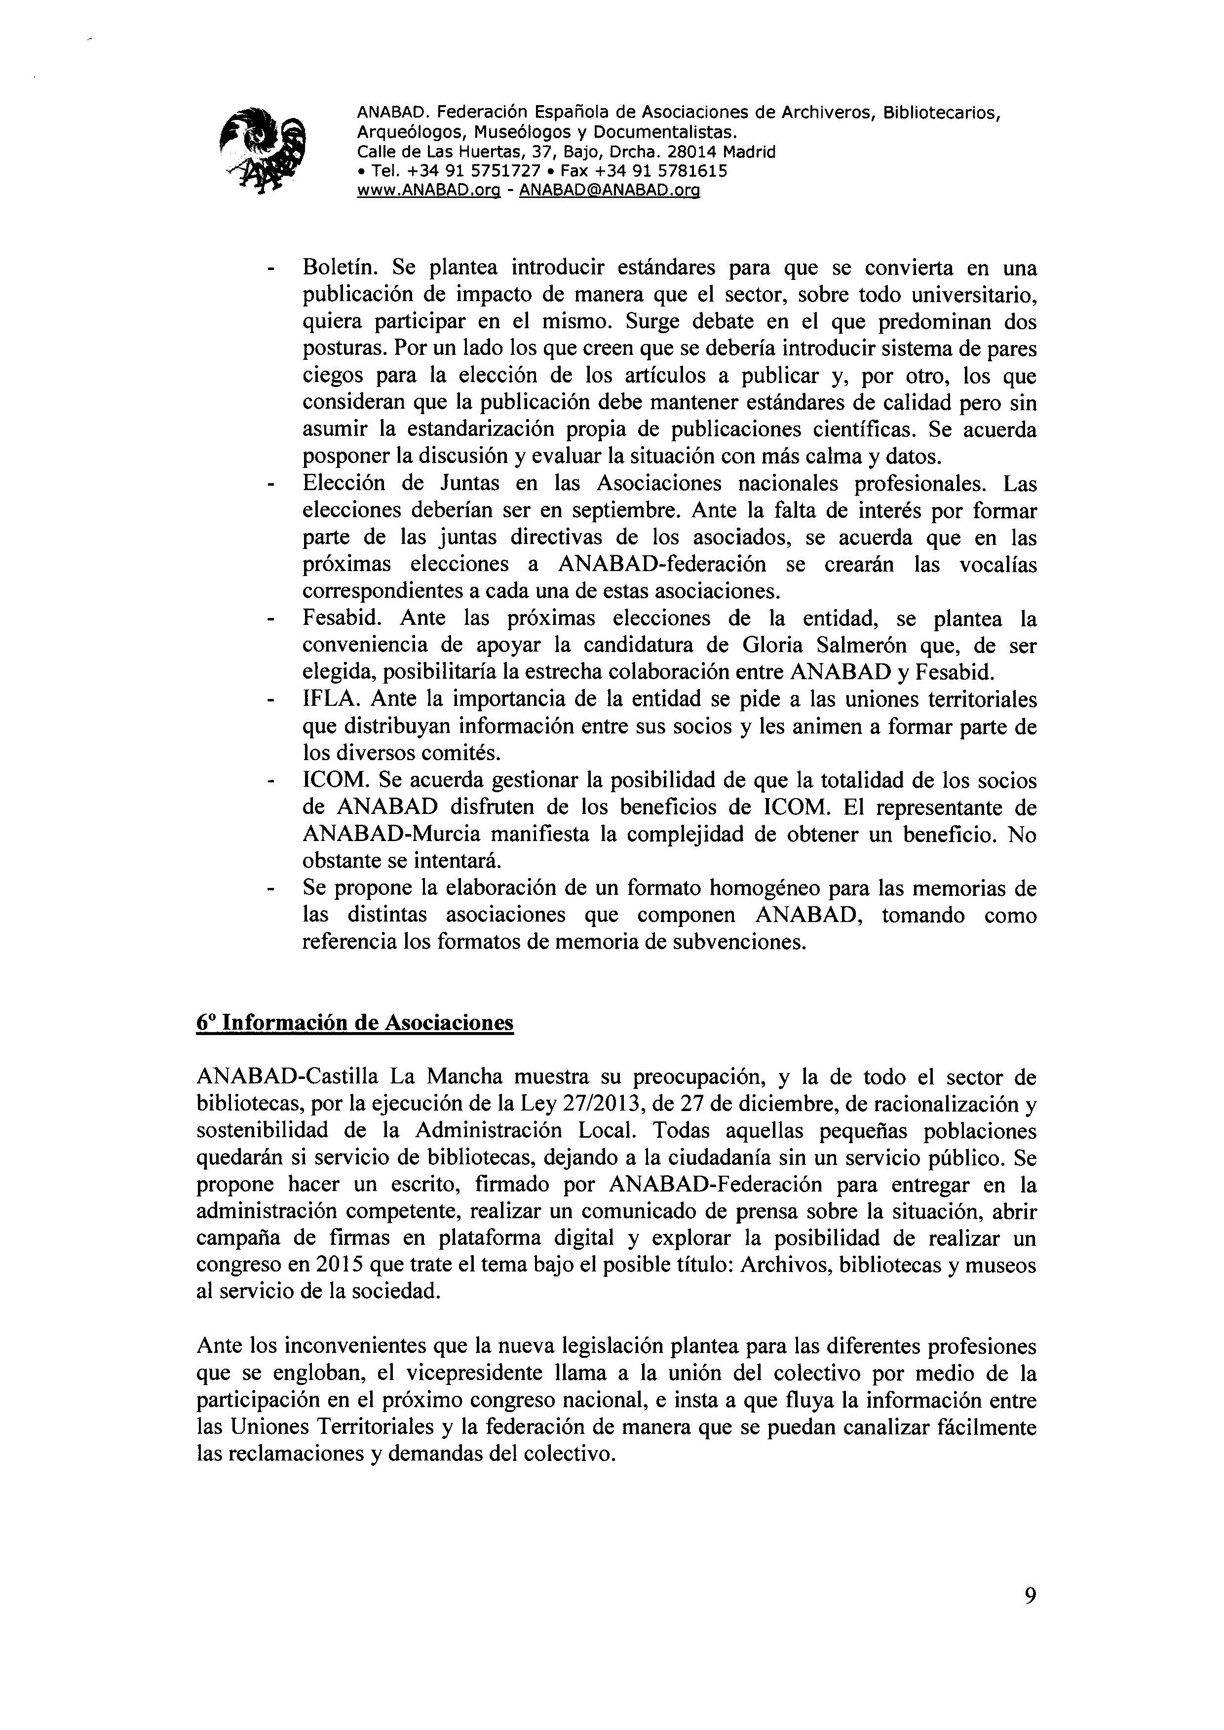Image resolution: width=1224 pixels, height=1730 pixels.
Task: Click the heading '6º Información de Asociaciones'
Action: pos(355,1022)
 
